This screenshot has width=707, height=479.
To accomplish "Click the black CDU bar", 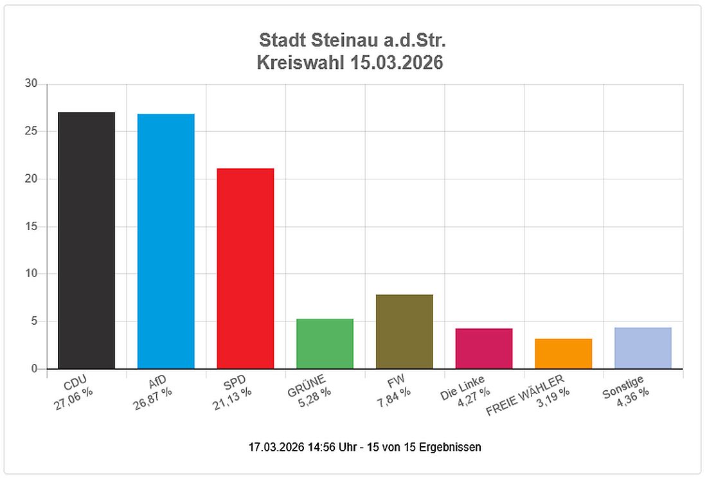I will pos(86,240).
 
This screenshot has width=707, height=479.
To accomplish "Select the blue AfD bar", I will pos(166,241).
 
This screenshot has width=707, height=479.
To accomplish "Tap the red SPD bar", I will pos(246,269).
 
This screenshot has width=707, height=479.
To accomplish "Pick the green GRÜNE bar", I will pos(325,344).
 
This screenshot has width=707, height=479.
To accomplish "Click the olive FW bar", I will pos(404,332).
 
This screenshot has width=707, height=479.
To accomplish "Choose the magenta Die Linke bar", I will pos(484,348).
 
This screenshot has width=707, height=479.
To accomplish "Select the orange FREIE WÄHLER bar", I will pos(563,354).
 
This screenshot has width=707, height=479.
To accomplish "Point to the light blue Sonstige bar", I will pos(643,348).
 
